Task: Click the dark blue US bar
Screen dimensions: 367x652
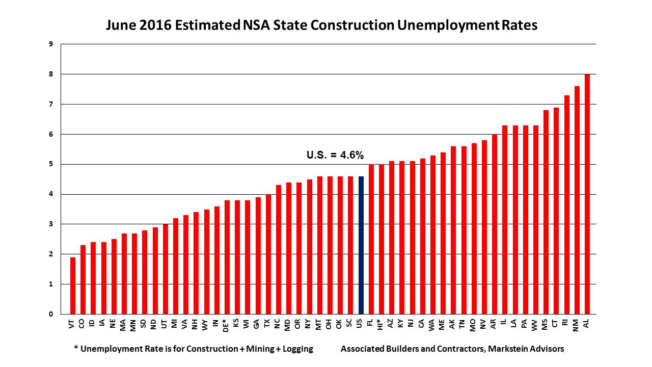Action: tap(361, 245)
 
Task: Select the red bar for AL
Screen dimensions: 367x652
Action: tap(587, 194)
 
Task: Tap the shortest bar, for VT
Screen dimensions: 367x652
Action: tap(73, 285)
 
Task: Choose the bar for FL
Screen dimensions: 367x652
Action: tap(371, 239)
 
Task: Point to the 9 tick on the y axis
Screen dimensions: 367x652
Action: tap(51, 44)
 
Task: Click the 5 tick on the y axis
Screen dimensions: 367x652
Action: tap(51, 164)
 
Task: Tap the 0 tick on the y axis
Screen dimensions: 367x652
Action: tap(51, 314)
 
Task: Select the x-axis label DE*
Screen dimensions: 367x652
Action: tap(226, 325)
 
